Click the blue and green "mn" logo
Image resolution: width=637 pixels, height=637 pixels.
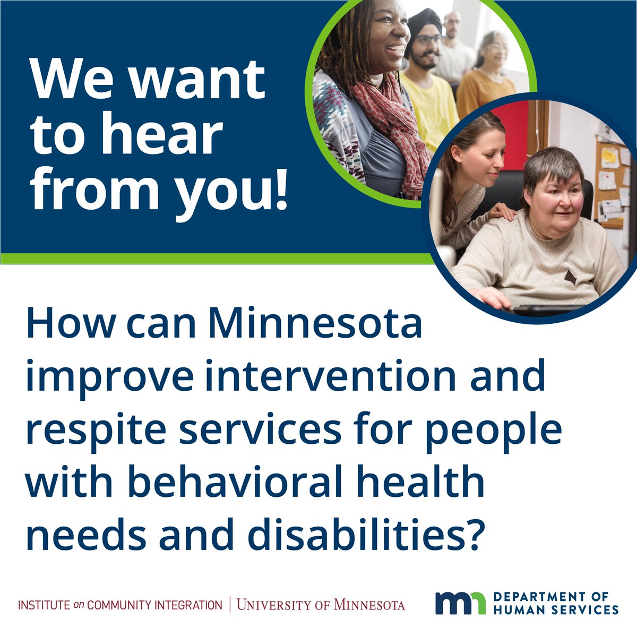click(460, 602)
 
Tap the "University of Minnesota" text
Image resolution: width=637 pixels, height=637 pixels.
click(321, 605)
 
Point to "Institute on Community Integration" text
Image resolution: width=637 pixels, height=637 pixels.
click(120, 605)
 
